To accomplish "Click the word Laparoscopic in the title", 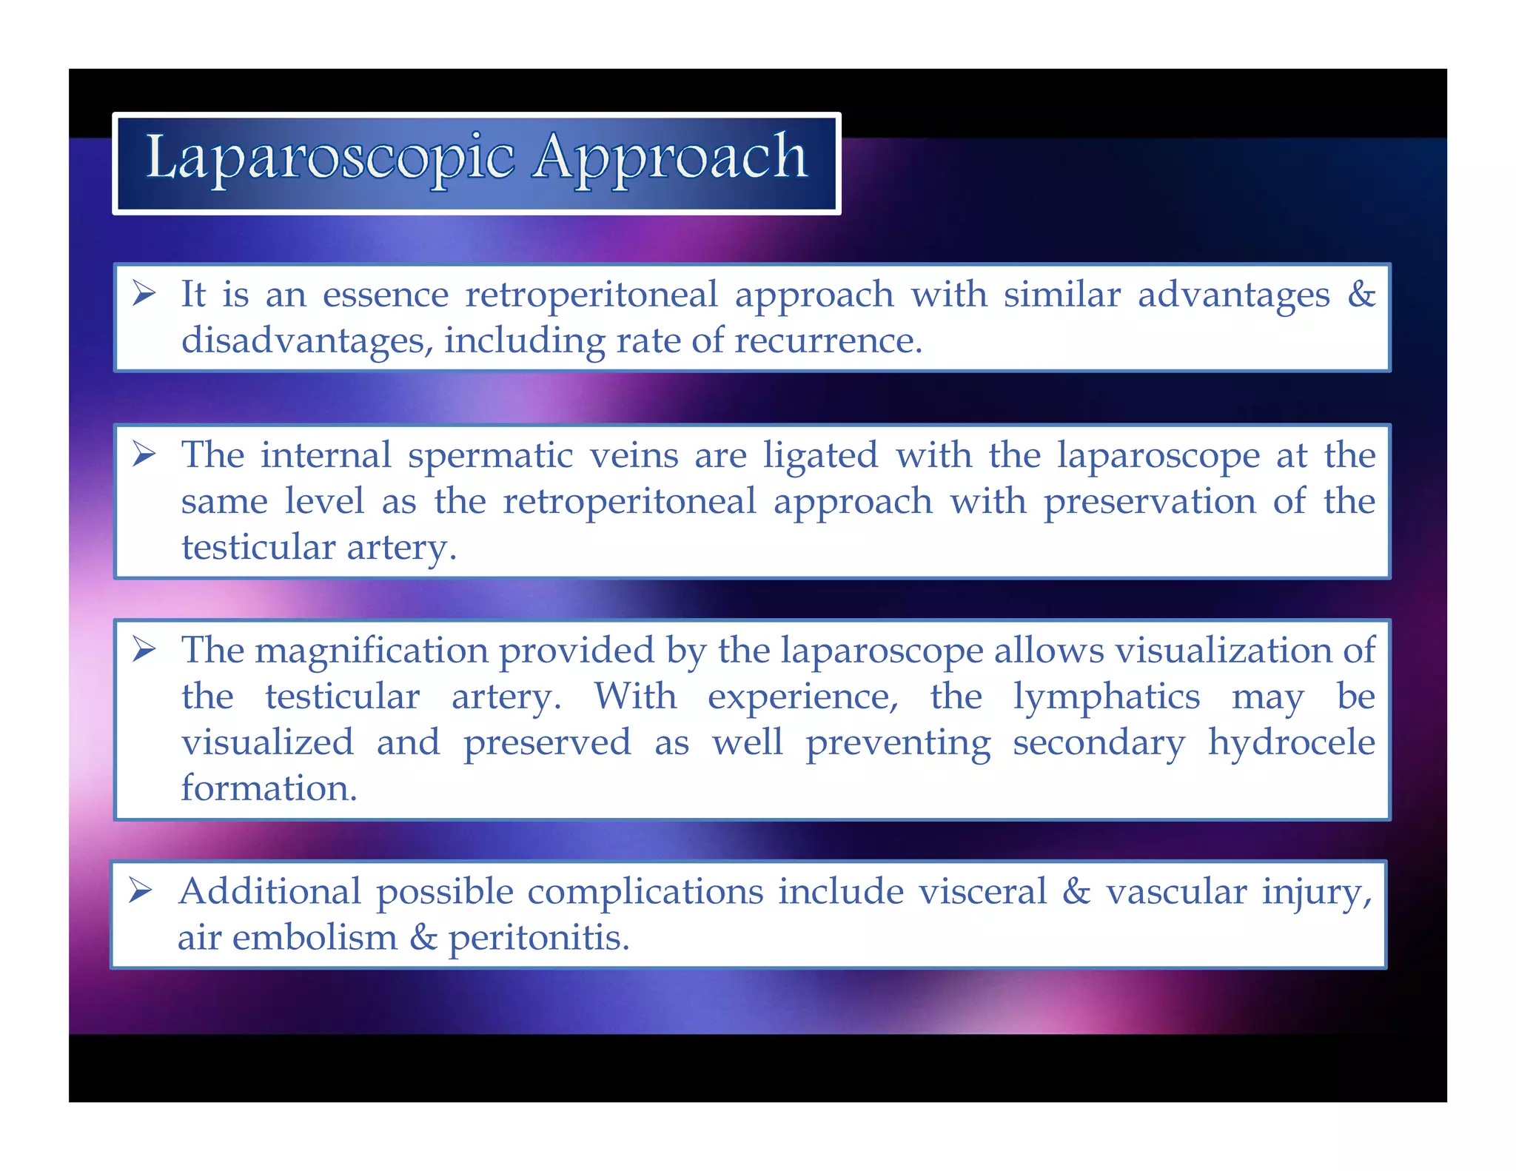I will (329, 158).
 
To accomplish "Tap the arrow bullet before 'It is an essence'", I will (144, 294).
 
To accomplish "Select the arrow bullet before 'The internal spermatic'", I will (144, 454).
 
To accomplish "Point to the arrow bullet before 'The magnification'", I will (144, 650).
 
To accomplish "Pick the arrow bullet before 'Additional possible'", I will (140, 890).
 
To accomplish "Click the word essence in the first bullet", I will (386, 295).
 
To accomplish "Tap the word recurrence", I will (828, 340).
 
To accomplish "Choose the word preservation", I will (1150, 502).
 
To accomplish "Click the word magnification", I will (372, 651).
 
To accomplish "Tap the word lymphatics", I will (1106, 697).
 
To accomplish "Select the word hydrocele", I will (1291, 742).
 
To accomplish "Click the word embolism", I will (315, 938).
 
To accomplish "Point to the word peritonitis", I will (539, 938).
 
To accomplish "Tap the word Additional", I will (270, 891).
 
